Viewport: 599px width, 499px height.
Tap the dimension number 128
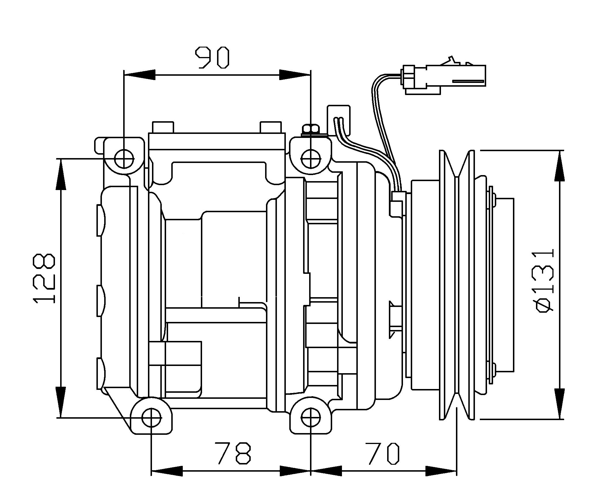(x=44, y=278)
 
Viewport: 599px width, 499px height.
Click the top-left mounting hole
(x=124, y=159)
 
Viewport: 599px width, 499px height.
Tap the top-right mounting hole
(x=311, y=159)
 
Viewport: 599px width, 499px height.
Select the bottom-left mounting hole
(x=151, y=418)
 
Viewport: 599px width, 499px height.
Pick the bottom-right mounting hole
(x=311, y=418)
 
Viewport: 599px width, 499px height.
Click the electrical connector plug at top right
(x=443, y=76)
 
